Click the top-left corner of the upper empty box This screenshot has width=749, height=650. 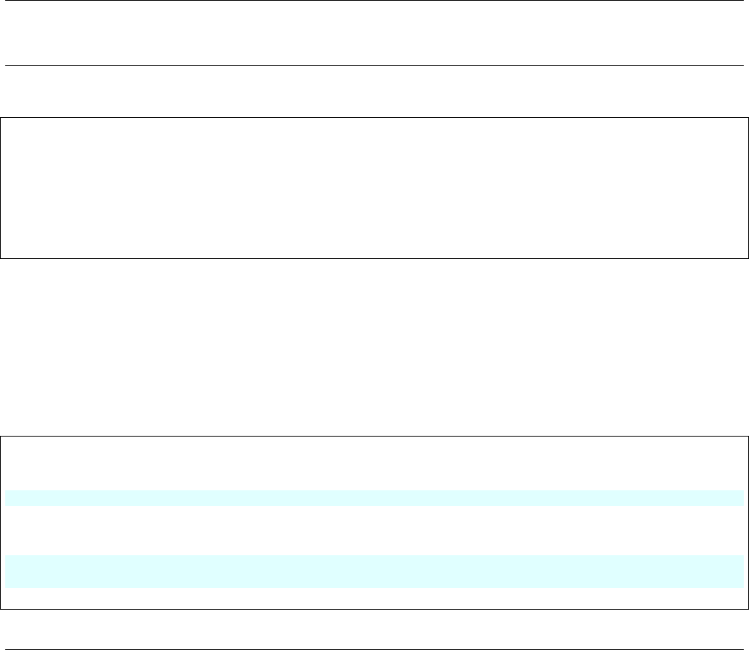click(x=1, y=117)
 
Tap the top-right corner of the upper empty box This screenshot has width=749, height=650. click(x=748, y=117)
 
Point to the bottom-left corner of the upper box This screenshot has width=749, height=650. click(x=1, y=258)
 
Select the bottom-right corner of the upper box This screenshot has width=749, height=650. click(x=748, y=258)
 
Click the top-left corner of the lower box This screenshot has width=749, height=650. click(x=1, y=437)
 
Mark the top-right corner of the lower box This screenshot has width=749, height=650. click(x=748, y=437)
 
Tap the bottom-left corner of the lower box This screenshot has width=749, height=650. click(x=1, y=609)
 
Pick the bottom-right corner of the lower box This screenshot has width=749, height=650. click(x=748, y=609)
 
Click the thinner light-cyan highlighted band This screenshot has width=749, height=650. click(x=373, y=498)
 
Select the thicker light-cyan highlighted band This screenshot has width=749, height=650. click(x=373, y=571)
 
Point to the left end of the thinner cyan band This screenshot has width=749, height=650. click(x=7, y=498)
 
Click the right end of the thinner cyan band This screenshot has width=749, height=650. click(x=742, y=498)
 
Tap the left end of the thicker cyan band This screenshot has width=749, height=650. click(x=7, y=571)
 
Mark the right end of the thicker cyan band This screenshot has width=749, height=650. click(x=742, y=571)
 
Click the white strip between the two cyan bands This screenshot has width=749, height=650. click(x=373, y=531)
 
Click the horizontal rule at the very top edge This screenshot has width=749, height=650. click(x=373, y=1)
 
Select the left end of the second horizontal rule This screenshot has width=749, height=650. click(x=7, y=66)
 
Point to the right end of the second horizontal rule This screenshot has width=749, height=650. click(x=743, y=66)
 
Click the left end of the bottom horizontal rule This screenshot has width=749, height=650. click(x=7, y=629)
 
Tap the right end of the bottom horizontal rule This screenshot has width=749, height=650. click(x=743, y=629)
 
